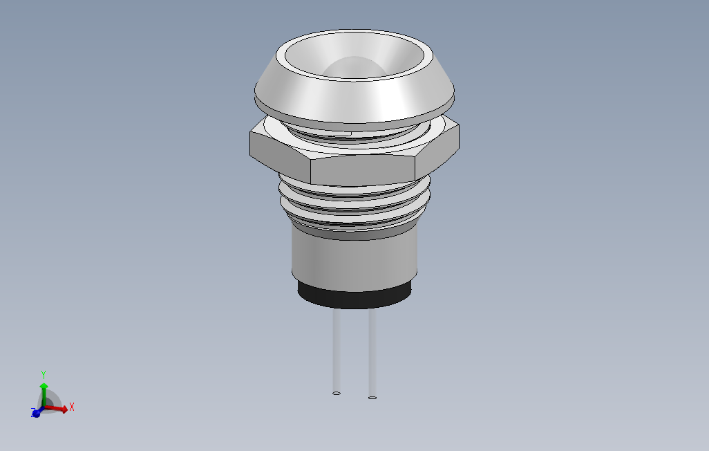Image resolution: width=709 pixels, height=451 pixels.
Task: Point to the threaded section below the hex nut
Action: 354,205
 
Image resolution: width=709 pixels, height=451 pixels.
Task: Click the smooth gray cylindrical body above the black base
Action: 354,259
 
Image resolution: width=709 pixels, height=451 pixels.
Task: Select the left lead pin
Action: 337,349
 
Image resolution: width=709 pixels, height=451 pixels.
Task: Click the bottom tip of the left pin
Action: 337,393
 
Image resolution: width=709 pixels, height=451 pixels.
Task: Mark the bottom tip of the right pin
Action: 372,397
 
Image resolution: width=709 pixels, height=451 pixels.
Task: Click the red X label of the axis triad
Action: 72,407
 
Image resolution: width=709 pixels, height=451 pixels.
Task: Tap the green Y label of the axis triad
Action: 44,374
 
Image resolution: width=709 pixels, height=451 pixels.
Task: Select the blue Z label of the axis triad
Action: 33,413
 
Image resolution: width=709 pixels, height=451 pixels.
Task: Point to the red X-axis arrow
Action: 59,409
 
